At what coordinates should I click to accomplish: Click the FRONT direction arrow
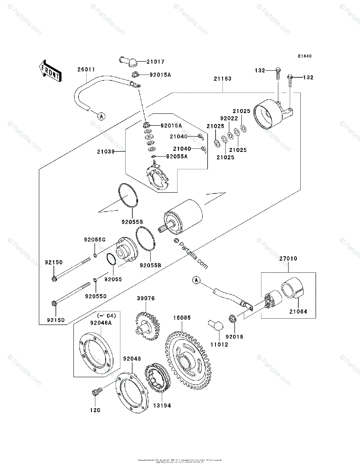(50, 70)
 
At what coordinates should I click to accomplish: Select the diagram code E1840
(304, 56)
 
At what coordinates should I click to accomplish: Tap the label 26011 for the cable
(86, 69)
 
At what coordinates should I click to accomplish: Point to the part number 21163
(223, 79)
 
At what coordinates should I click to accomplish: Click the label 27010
(288, 259)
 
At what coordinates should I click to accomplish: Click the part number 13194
(163, 405)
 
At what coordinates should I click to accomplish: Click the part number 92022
(228, 118)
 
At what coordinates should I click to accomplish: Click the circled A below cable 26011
(101, 116)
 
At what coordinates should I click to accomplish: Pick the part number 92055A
(166, 156)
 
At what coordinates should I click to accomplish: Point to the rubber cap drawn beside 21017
(126, 61)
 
